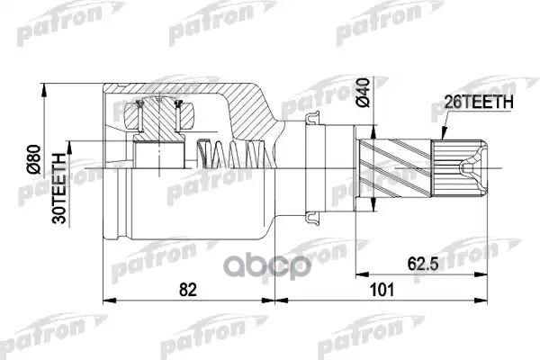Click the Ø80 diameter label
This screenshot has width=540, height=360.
[x=34, y=159]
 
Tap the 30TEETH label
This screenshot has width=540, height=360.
[x=58, y=189]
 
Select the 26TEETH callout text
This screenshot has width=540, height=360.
[x=479, y=103]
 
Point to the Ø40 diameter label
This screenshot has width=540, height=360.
[x=363, y=93]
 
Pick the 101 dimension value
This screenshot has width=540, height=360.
[x=382, y=290]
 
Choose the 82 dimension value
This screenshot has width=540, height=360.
[x=188, y=290]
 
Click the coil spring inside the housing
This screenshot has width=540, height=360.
[x=236, y=154]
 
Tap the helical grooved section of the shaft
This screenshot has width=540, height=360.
[x=395, y=167]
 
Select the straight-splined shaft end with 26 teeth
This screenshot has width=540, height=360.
[x=459, y=168]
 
